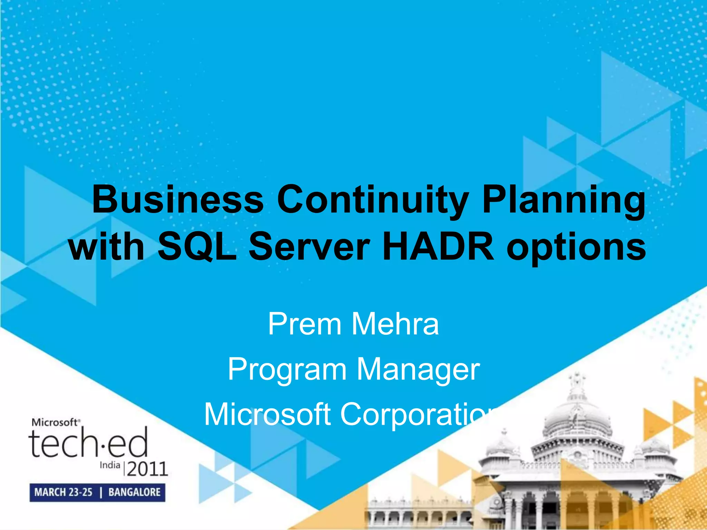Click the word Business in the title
(178, 199)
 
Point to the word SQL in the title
(197, 246)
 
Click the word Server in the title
(309, 246)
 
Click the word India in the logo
(110, 465)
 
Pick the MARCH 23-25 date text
(64, 492)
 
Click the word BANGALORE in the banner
(134, 492)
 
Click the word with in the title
(107, 246)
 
